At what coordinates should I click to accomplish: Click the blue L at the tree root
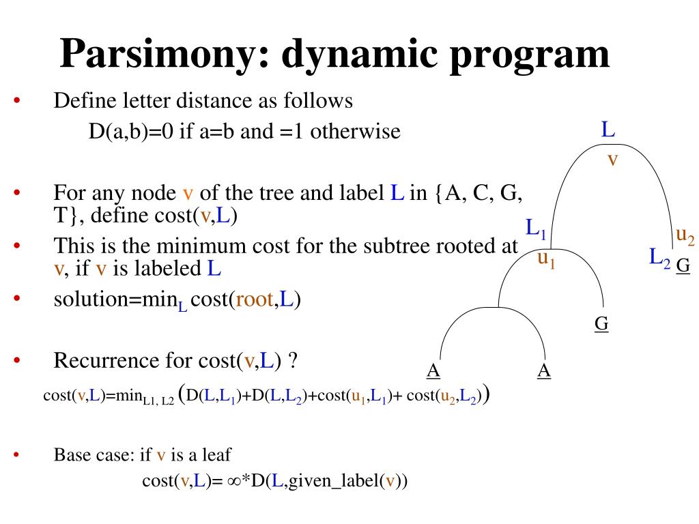pyautogui.click(x=608, y=129)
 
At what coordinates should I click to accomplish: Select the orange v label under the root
pyautogui.click(x=612, y=160)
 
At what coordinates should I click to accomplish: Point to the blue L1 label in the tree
pyautogui.click(x=535, y=228)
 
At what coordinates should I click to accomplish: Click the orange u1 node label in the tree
pyautogui.click(x=545, y=258)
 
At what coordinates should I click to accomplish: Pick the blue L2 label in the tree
pyautogui.click(x=659, y=258)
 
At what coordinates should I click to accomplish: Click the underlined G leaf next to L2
pyautogui.click(x=683, y=265)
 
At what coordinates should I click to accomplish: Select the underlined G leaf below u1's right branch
pyautogui.click(x=601, y=323)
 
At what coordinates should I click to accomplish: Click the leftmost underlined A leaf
pyautogui.click(x=433, y=370)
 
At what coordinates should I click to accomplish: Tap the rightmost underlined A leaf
pyautogui.click(x=544, y=370)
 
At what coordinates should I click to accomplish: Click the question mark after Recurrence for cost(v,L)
pyautogui.click(x=293, y=360)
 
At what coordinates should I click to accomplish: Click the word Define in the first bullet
pyautogui.click(x=77, y=101)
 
